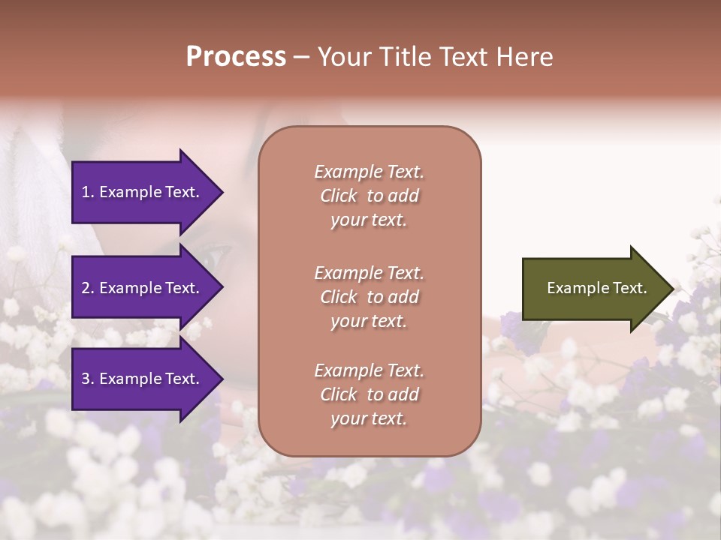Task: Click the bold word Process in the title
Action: [x=236, y=57]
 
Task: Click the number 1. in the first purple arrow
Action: [x=88, y=192]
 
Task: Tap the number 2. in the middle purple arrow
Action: [x=88, y=288]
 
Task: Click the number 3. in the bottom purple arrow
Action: [x=88, y=379]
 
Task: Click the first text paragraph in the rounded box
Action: [x=369, y=196]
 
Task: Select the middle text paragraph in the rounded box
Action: [x=369, y=297]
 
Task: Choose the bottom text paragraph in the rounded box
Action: [x=369, y=394]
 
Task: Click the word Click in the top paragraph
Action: [x=339, y=196]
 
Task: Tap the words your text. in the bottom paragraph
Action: [x=369, y=418]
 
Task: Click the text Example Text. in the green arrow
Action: [x=596, y=288]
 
